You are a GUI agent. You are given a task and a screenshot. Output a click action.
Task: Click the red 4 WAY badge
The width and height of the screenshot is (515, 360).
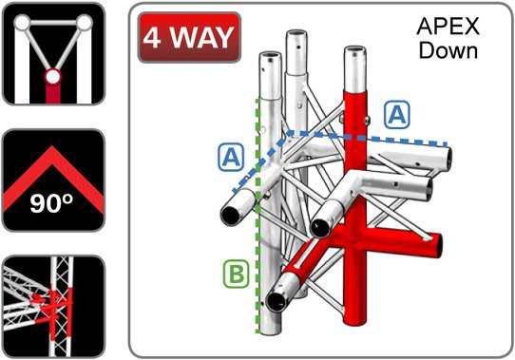tap(189, 37)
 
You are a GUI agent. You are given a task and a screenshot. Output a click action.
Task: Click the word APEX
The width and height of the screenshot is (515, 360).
tap(448, 27)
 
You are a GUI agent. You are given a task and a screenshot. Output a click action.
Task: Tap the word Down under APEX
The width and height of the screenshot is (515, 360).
tap(448, 50)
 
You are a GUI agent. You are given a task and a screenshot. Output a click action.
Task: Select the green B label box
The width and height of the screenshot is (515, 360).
tap(237, 274)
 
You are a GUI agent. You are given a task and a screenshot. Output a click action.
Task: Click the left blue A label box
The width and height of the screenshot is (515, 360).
tap(231, 158)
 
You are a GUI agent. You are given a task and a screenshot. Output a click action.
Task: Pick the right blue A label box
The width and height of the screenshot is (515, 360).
tap(397, 114)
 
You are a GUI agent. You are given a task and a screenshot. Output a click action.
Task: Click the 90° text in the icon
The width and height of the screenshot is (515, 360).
tap(51, 203)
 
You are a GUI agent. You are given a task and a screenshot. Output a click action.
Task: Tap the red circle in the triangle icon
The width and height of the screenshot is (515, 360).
tap(52, 77)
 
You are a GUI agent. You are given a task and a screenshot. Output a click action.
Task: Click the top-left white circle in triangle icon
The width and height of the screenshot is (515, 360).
tap(23, 24)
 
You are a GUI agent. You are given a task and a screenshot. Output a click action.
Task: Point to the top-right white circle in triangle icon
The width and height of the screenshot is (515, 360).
tap(85, 23)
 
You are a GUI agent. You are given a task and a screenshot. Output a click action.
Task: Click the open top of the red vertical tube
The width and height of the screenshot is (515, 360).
tap(355, 52)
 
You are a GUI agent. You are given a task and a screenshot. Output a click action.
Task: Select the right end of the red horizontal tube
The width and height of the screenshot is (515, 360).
tap(437, 245)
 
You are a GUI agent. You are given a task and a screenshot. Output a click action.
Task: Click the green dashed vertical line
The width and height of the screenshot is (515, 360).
tap(257, 216)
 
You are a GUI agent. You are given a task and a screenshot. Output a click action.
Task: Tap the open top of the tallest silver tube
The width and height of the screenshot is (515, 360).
tap(296, 34)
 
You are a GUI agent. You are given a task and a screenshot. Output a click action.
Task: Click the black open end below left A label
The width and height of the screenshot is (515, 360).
tap(231, 216)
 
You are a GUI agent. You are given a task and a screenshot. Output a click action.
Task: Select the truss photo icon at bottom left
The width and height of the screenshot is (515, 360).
tap(53, 306)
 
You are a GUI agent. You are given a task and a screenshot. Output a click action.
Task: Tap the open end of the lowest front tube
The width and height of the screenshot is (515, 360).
tap(277, 301)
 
